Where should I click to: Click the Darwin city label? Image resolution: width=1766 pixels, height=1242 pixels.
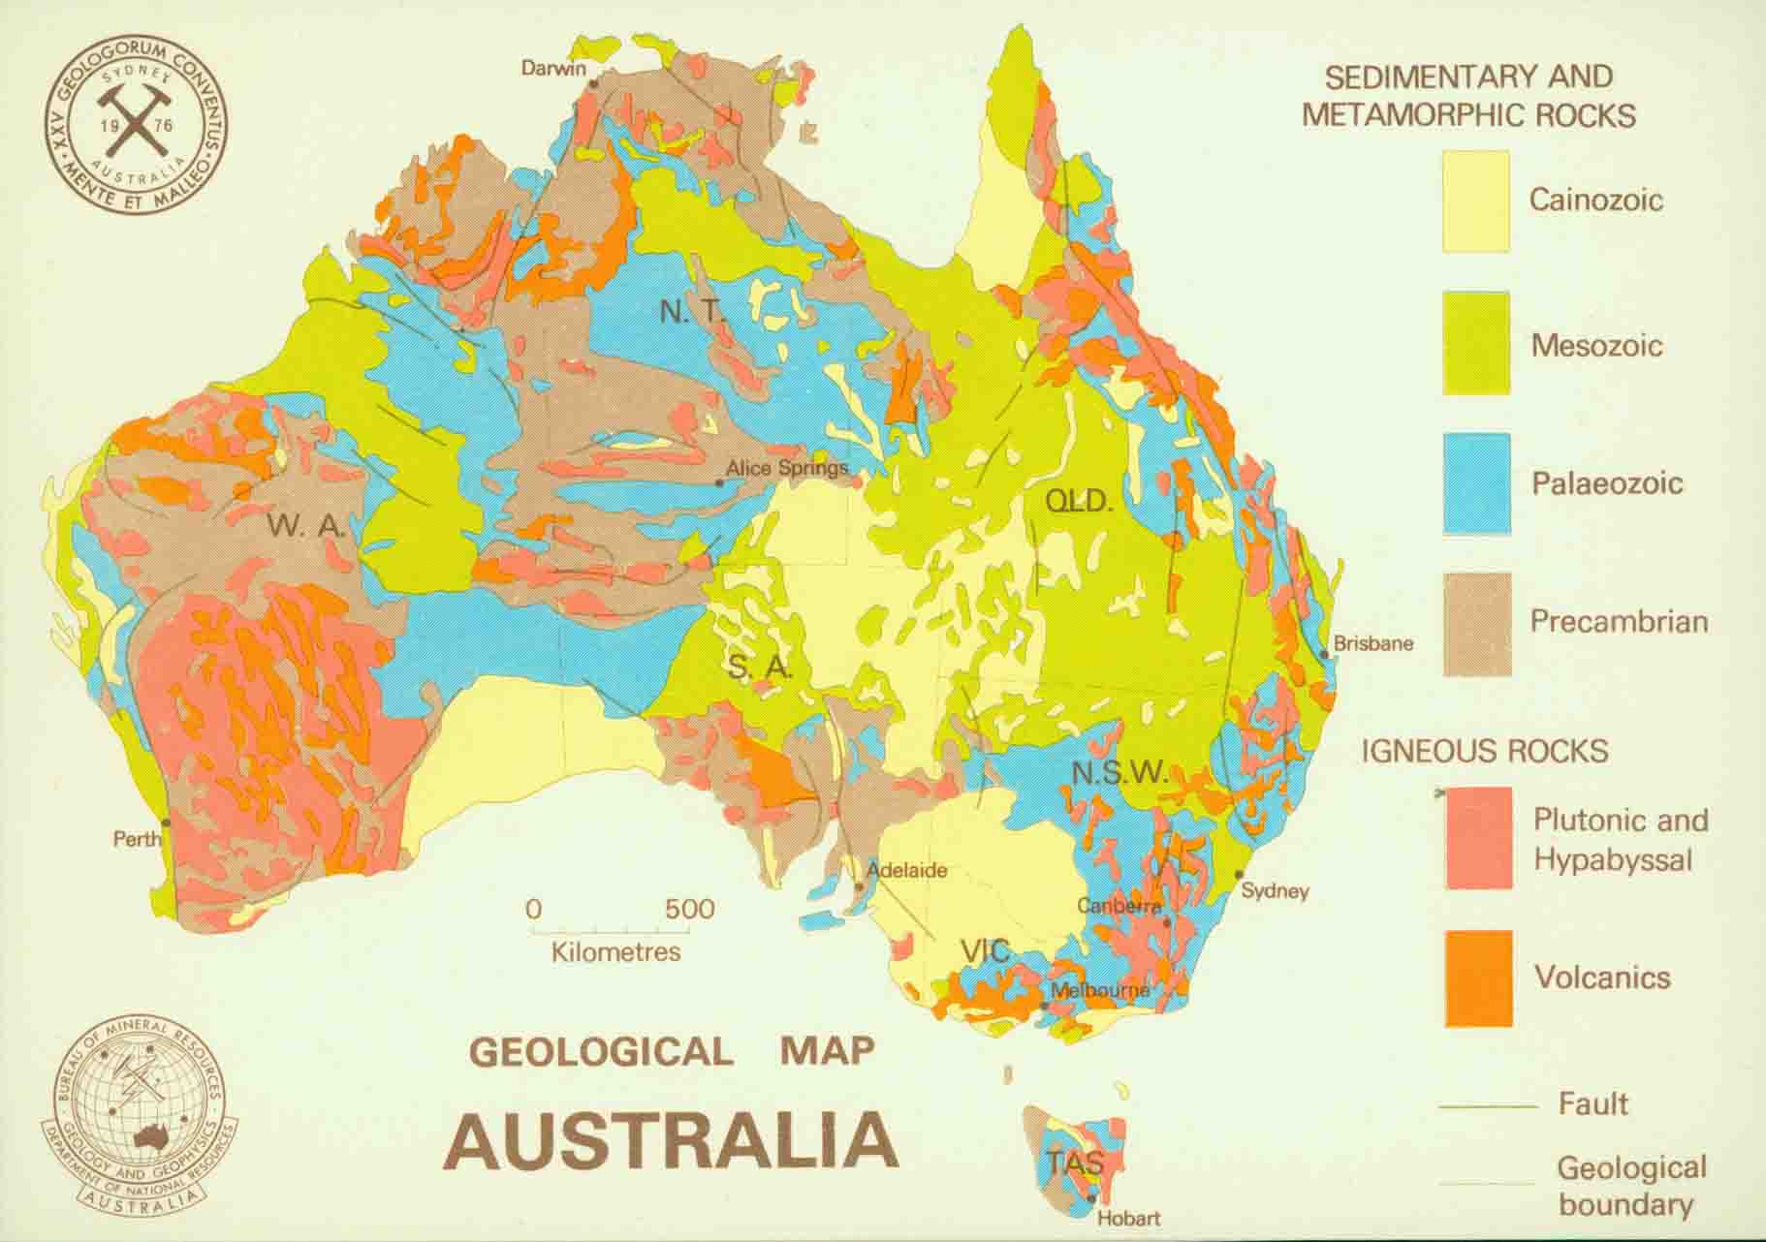pos(553,68)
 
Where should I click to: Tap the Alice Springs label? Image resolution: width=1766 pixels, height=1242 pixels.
pos(786,469)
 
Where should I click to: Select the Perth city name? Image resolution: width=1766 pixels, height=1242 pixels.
pos(138,839)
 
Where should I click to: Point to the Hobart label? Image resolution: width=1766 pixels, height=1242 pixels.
pos(1128,1218)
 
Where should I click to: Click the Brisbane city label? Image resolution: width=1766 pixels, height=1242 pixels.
pos(1372,643)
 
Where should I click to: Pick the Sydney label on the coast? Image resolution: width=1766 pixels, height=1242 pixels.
pos(1275,890)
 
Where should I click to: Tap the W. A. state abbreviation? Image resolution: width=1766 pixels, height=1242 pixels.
pos(306,526)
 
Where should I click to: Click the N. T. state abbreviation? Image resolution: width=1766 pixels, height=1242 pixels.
pos(692,312)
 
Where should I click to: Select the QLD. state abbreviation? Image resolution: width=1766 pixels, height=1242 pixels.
pos(1078,501)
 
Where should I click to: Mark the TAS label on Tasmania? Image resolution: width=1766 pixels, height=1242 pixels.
pos(1073,1162)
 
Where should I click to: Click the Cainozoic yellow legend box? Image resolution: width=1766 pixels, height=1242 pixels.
pos(1475,202)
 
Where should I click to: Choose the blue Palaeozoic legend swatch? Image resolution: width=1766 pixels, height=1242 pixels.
pos(1476,482)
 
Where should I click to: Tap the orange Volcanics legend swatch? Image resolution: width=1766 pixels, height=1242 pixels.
pos(1478,978)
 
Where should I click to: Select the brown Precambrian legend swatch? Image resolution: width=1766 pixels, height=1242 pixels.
pos(1476,623)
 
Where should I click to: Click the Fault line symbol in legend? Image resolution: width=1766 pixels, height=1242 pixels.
pos(1488,1106)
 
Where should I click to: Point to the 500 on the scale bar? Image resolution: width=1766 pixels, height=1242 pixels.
pos(689,909)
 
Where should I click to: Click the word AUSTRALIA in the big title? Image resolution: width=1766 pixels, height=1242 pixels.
pos(672,1140)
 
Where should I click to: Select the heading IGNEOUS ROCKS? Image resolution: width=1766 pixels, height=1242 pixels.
pos(1484,751)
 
